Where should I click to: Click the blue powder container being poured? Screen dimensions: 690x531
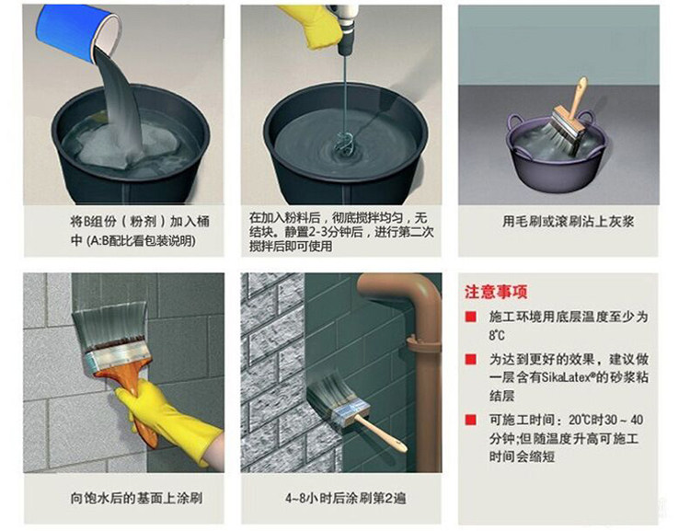click(78, 34)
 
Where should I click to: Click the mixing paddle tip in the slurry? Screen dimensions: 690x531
click(342, 142)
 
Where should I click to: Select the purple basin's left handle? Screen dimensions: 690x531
click(517, 121)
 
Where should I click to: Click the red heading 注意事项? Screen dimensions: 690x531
click(496, 292)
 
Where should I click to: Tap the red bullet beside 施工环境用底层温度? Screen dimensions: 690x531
click(471, 317)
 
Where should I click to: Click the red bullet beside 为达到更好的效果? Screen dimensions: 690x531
click(471, 359)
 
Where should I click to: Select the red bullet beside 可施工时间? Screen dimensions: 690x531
click(471, 420)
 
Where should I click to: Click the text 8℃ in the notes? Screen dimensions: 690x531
click(497, 336)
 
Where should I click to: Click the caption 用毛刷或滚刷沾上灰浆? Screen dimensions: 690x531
click(569, 221)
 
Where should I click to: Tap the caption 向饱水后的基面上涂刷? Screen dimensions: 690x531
click(136, 498)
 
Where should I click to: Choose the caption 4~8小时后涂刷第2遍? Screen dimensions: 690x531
click(345, 498)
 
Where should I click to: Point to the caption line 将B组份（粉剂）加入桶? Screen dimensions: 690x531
click(140, 221)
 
